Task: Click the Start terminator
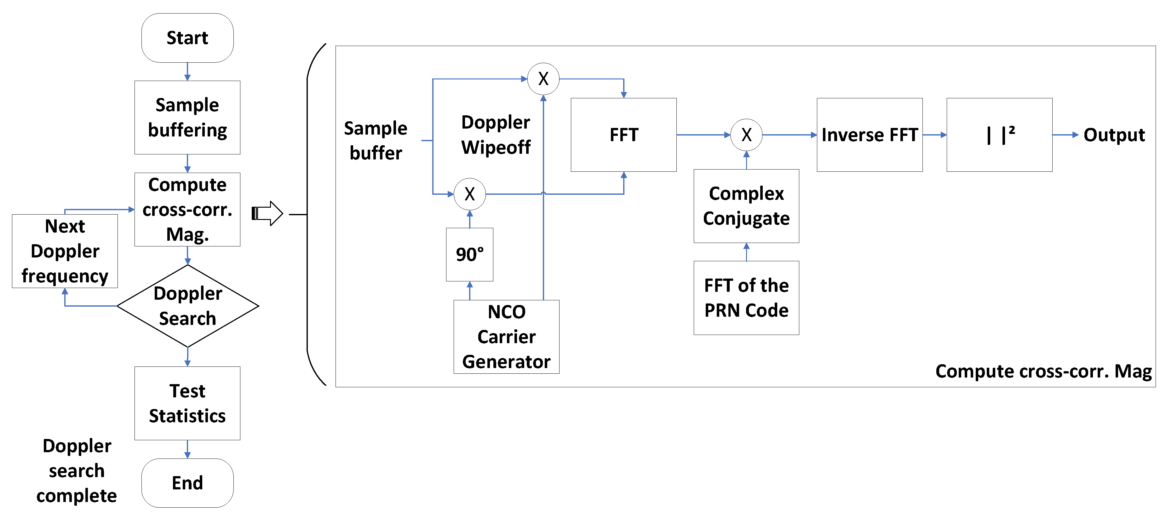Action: click(187, 38)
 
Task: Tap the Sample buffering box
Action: click(187, 117)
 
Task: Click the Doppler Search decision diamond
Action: click(187, 306)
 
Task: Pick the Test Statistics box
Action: click(187, 403)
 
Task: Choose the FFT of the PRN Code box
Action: click(746, 297)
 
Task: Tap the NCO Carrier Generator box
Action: click(506, 337)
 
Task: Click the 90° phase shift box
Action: click(469, 254)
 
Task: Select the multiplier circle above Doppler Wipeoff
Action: click(543, 79)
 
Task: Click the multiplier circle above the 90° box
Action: click(469, 194)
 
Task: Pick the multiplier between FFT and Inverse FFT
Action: click(746, 135)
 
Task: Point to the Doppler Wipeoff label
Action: click(496, 135)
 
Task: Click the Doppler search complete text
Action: click(77, 470)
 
